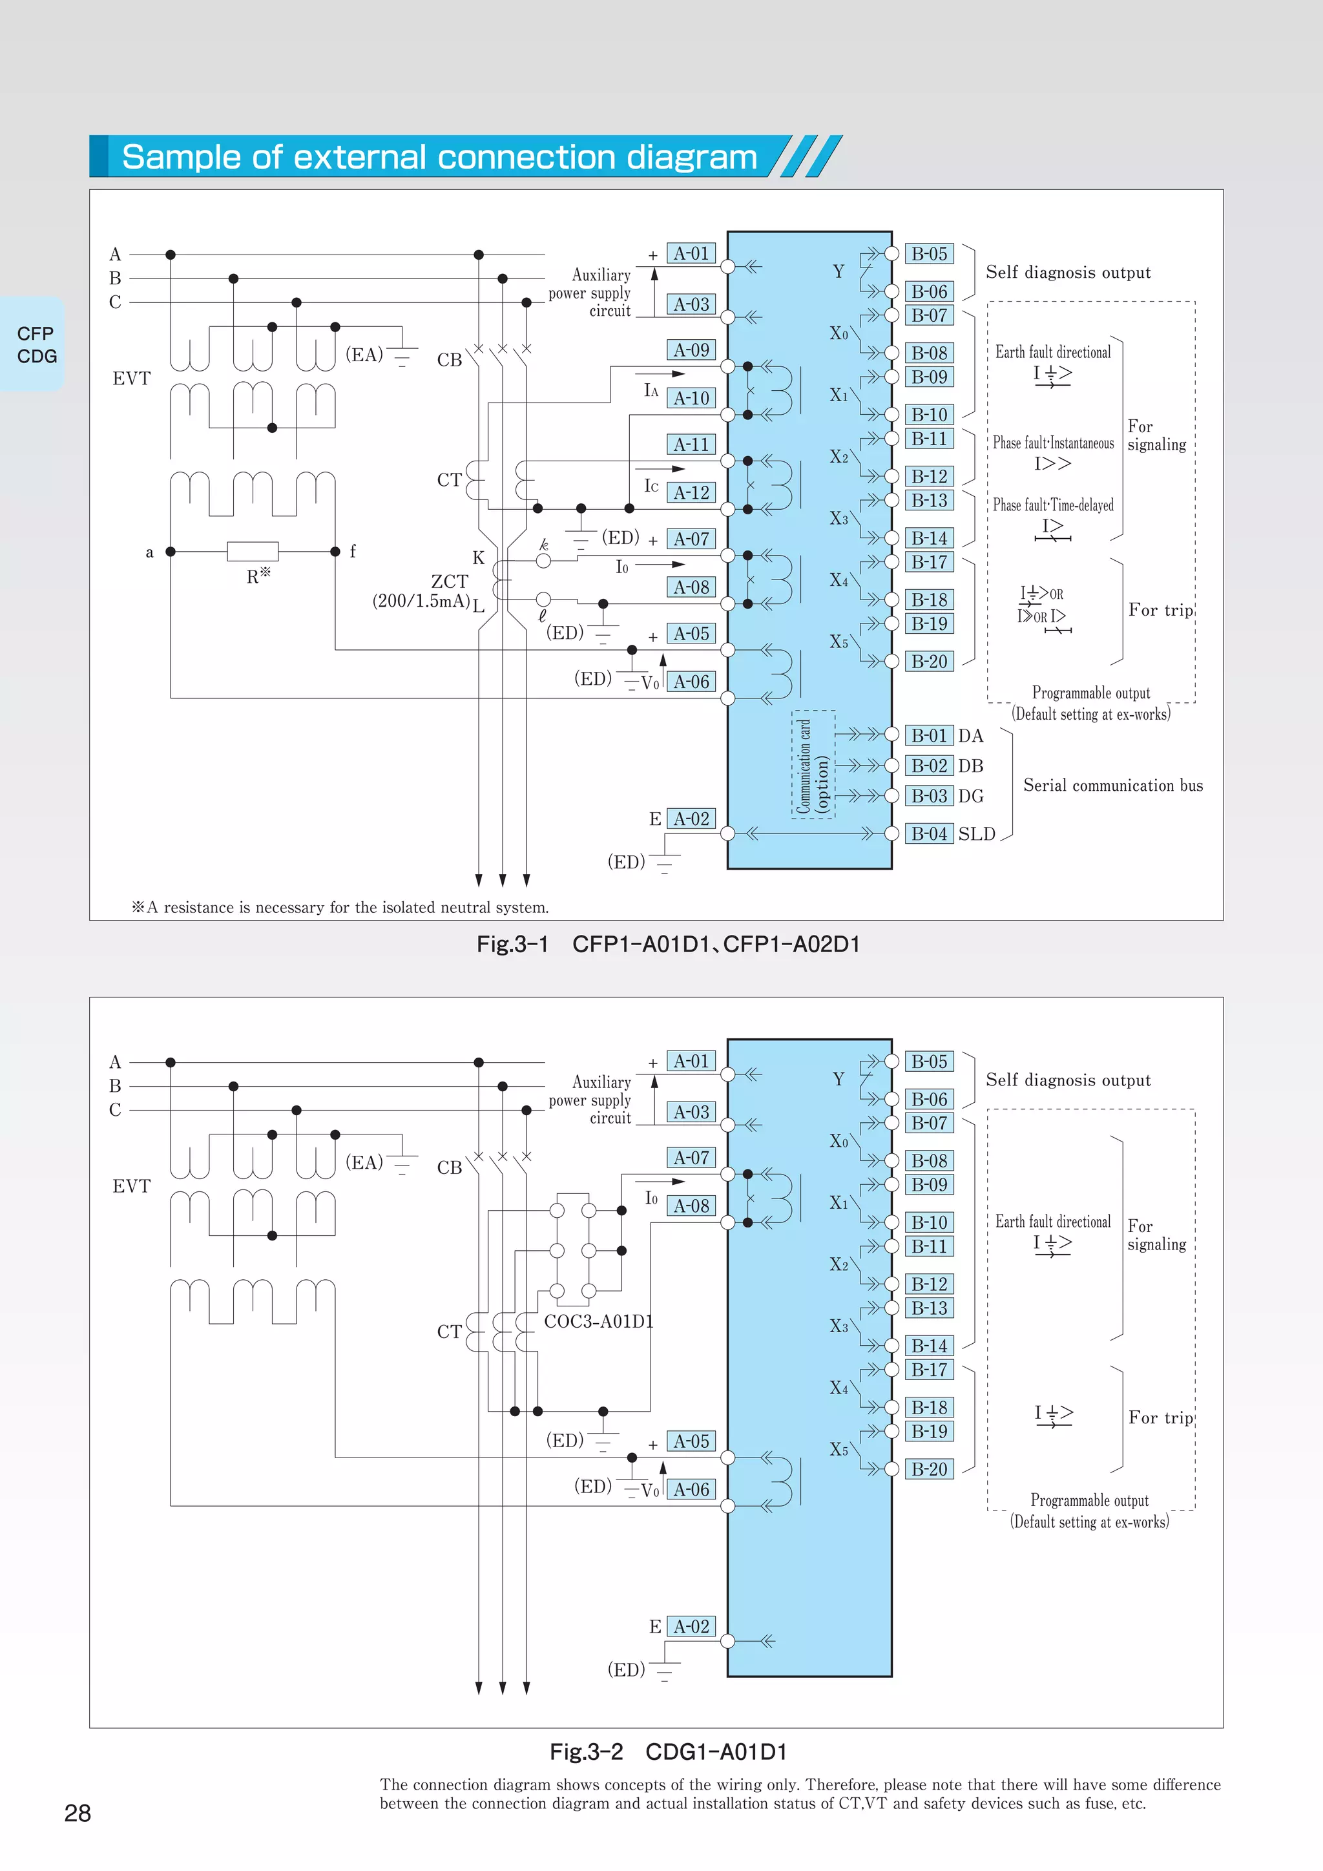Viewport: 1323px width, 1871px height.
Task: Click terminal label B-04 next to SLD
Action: [x=929, y=833]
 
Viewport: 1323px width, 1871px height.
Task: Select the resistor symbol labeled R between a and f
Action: [x=253, y=552]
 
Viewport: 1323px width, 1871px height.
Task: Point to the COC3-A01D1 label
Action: [x=599, y=1321]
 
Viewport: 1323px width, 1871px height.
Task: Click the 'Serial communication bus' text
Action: [x=1113, y=786]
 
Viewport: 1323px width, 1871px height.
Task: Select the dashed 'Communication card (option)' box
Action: [x=813, y=764]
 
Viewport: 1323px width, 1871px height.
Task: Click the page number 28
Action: [x=78, y=1812]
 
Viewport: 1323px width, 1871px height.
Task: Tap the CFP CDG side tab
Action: [x=36, y=345]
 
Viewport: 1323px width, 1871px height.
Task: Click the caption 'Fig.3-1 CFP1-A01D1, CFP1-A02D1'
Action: [x=668, y=944]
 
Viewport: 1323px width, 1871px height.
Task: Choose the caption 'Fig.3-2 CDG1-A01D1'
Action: [x=668, y=1751]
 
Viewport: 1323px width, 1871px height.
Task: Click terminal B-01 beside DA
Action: [x=929, y=736]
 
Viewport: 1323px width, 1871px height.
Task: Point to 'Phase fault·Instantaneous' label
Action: [x=1052, y=443]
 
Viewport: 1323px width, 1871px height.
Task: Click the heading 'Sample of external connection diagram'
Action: [x=440, y=156]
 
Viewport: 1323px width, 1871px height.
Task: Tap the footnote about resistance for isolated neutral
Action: [x=340, y=907]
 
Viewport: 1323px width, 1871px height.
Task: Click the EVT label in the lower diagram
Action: [x=131, y=1186]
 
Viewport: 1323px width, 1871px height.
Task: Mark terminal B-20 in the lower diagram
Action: [x=929, y=1469]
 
